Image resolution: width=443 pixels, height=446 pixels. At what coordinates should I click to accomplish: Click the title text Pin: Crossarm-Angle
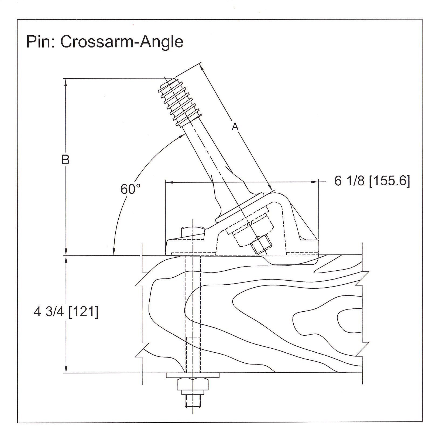click(105, 42)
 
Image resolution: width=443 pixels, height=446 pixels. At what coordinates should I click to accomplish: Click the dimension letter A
click(235, 126)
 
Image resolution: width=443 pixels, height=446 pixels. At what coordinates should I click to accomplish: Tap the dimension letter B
click(66, 160)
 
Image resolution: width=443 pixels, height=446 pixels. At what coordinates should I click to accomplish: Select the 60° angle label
click(130, 189)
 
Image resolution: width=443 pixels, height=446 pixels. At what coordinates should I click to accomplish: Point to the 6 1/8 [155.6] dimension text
click(372, 181)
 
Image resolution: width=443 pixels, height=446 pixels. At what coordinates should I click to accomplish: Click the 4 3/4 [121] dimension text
click(66, 312)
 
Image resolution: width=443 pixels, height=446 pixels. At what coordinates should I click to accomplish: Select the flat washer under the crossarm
click(193, 375)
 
